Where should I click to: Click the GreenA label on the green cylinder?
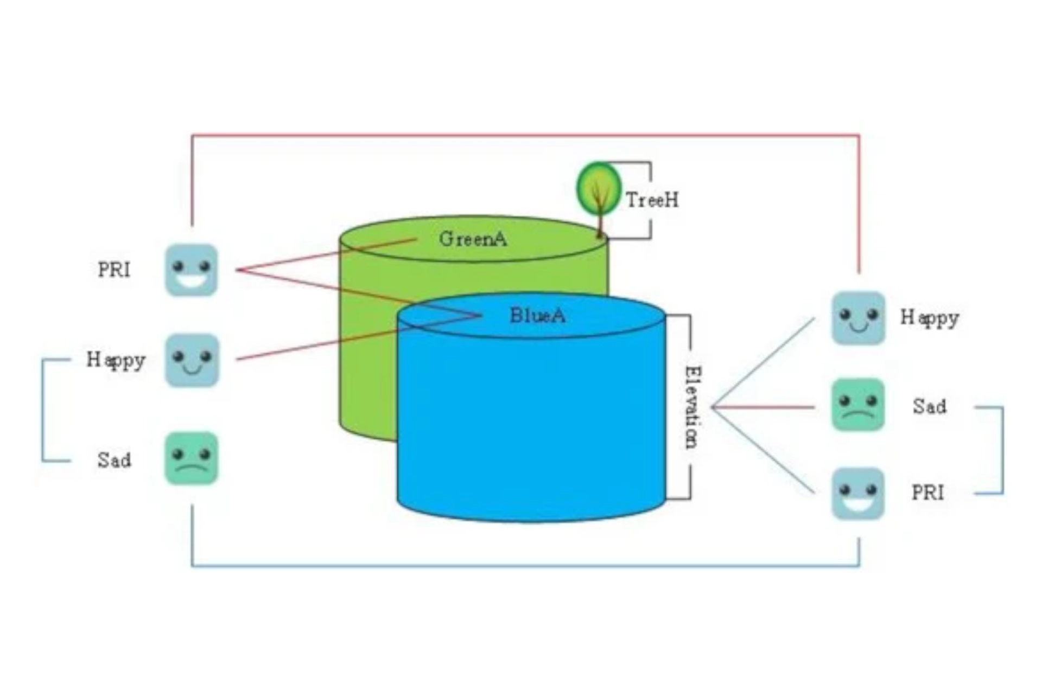tap(473, 239)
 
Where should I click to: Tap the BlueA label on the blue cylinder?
tap(537, 316)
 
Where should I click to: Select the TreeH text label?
tap(652, 200)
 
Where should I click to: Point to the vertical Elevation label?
tap(692, 407)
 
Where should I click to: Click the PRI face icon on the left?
tap(192, 270)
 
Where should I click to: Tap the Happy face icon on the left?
tap(192, 360)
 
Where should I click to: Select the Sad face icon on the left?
tap(192, 458)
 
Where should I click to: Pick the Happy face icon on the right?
tap(858, 318)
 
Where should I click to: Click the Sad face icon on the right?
tap(858, 405)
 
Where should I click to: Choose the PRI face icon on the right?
tap(858, 494)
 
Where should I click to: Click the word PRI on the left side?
tap(114, 270)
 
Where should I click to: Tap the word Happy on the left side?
tap(116, 360)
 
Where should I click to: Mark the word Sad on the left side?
tap(114, 461)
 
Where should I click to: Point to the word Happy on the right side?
tap(930, 318)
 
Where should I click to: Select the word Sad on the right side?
tap(930, 406)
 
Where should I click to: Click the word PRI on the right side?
tap(927, 493)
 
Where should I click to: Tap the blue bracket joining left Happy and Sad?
tap(43, 410)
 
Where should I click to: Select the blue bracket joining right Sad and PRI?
tap(1002, 450)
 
